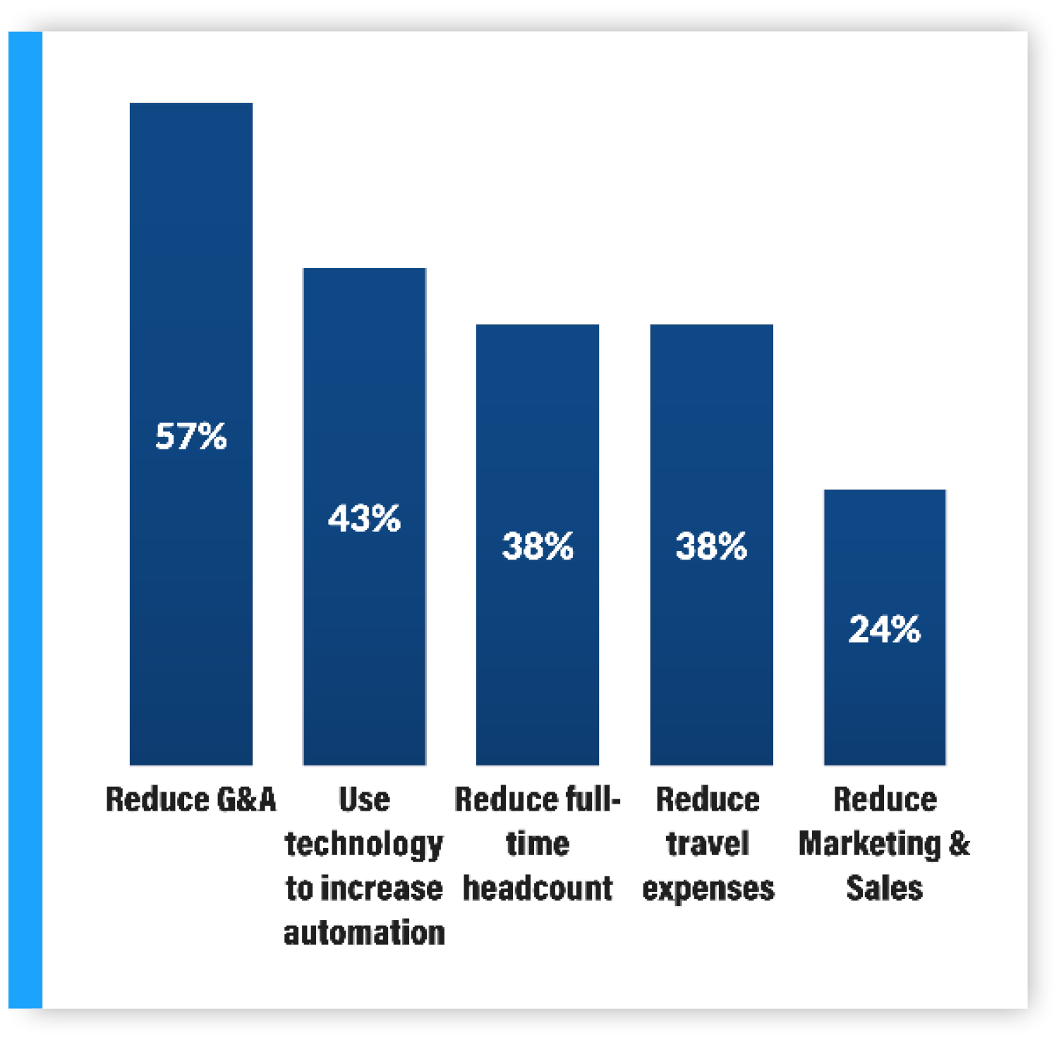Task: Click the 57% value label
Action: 190,436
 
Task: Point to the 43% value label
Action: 364,519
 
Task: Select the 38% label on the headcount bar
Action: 538,546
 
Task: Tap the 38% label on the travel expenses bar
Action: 711,546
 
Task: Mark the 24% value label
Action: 884,629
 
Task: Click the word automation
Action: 364,933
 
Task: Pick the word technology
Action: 364,845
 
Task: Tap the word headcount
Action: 538,888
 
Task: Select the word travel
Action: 708,844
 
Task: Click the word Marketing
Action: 869,844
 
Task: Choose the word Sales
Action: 884,888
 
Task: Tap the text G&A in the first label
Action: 246,800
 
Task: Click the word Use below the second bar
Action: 364,800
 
